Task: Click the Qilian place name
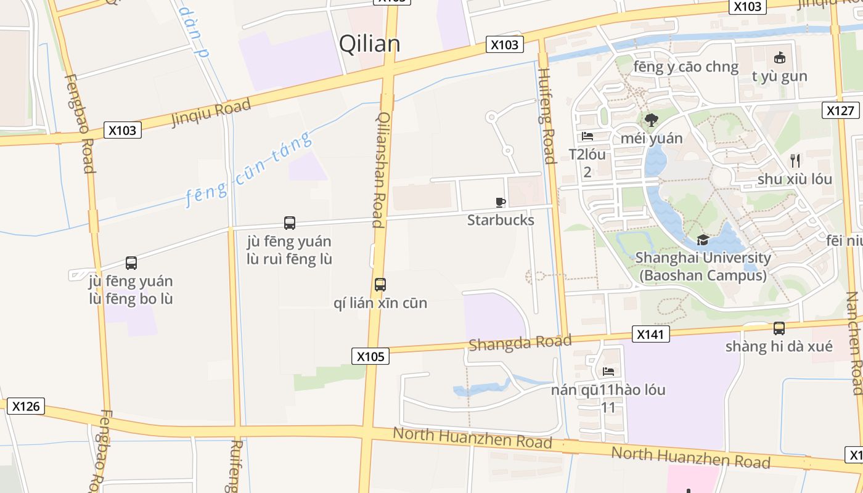370,44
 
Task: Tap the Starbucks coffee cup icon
501,202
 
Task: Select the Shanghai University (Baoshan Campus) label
703,266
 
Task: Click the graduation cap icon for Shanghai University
703,240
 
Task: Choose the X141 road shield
650,335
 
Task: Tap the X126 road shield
25,406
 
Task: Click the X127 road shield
841,110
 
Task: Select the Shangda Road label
520,343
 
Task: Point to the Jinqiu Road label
211,112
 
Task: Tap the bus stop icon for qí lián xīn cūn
380,285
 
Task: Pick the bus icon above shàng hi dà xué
779,328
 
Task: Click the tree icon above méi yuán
651,120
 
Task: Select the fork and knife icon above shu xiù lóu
795,161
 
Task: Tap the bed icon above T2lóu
587,136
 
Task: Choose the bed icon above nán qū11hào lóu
608,372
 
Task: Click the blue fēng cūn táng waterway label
248,169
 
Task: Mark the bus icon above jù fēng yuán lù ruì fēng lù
289,223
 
